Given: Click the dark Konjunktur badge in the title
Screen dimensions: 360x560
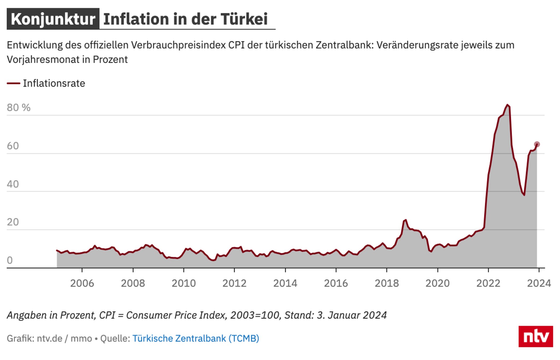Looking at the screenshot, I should [x=53, y=19].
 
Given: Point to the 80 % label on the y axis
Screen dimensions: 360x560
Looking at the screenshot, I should [x=19, y=108].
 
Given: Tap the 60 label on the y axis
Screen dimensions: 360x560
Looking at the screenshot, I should [x=13, y=146].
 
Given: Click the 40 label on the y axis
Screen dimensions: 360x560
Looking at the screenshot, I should [x=13, y=184].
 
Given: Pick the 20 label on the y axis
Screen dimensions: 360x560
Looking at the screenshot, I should [x=13, y=222].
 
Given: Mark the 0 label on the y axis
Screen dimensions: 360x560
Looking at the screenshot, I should [x=10, y=260].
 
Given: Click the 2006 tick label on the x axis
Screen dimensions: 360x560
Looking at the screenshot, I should [x=82, y=283].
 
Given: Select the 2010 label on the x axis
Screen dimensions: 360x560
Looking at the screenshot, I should [x=184, y=283].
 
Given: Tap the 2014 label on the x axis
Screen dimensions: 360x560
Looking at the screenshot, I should [x=285, y=283].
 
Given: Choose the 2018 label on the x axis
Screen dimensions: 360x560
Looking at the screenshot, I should [x=387, y=283].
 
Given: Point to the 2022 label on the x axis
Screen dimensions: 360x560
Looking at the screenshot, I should [x=488, y=283].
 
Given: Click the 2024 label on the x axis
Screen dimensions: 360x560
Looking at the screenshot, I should [x=539, y=283].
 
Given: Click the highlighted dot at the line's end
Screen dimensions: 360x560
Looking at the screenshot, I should [x=537, y=144].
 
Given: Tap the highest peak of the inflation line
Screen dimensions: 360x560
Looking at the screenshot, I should [x=507, y=105].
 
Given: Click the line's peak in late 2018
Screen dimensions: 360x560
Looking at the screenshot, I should [x=406, y=220].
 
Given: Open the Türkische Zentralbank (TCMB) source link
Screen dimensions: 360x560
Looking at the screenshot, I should [x=196, y=338].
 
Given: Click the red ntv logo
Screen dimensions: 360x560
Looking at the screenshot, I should [x=536, y=336].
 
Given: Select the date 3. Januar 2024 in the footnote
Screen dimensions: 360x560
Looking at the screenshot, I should [x=352, y=315].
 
